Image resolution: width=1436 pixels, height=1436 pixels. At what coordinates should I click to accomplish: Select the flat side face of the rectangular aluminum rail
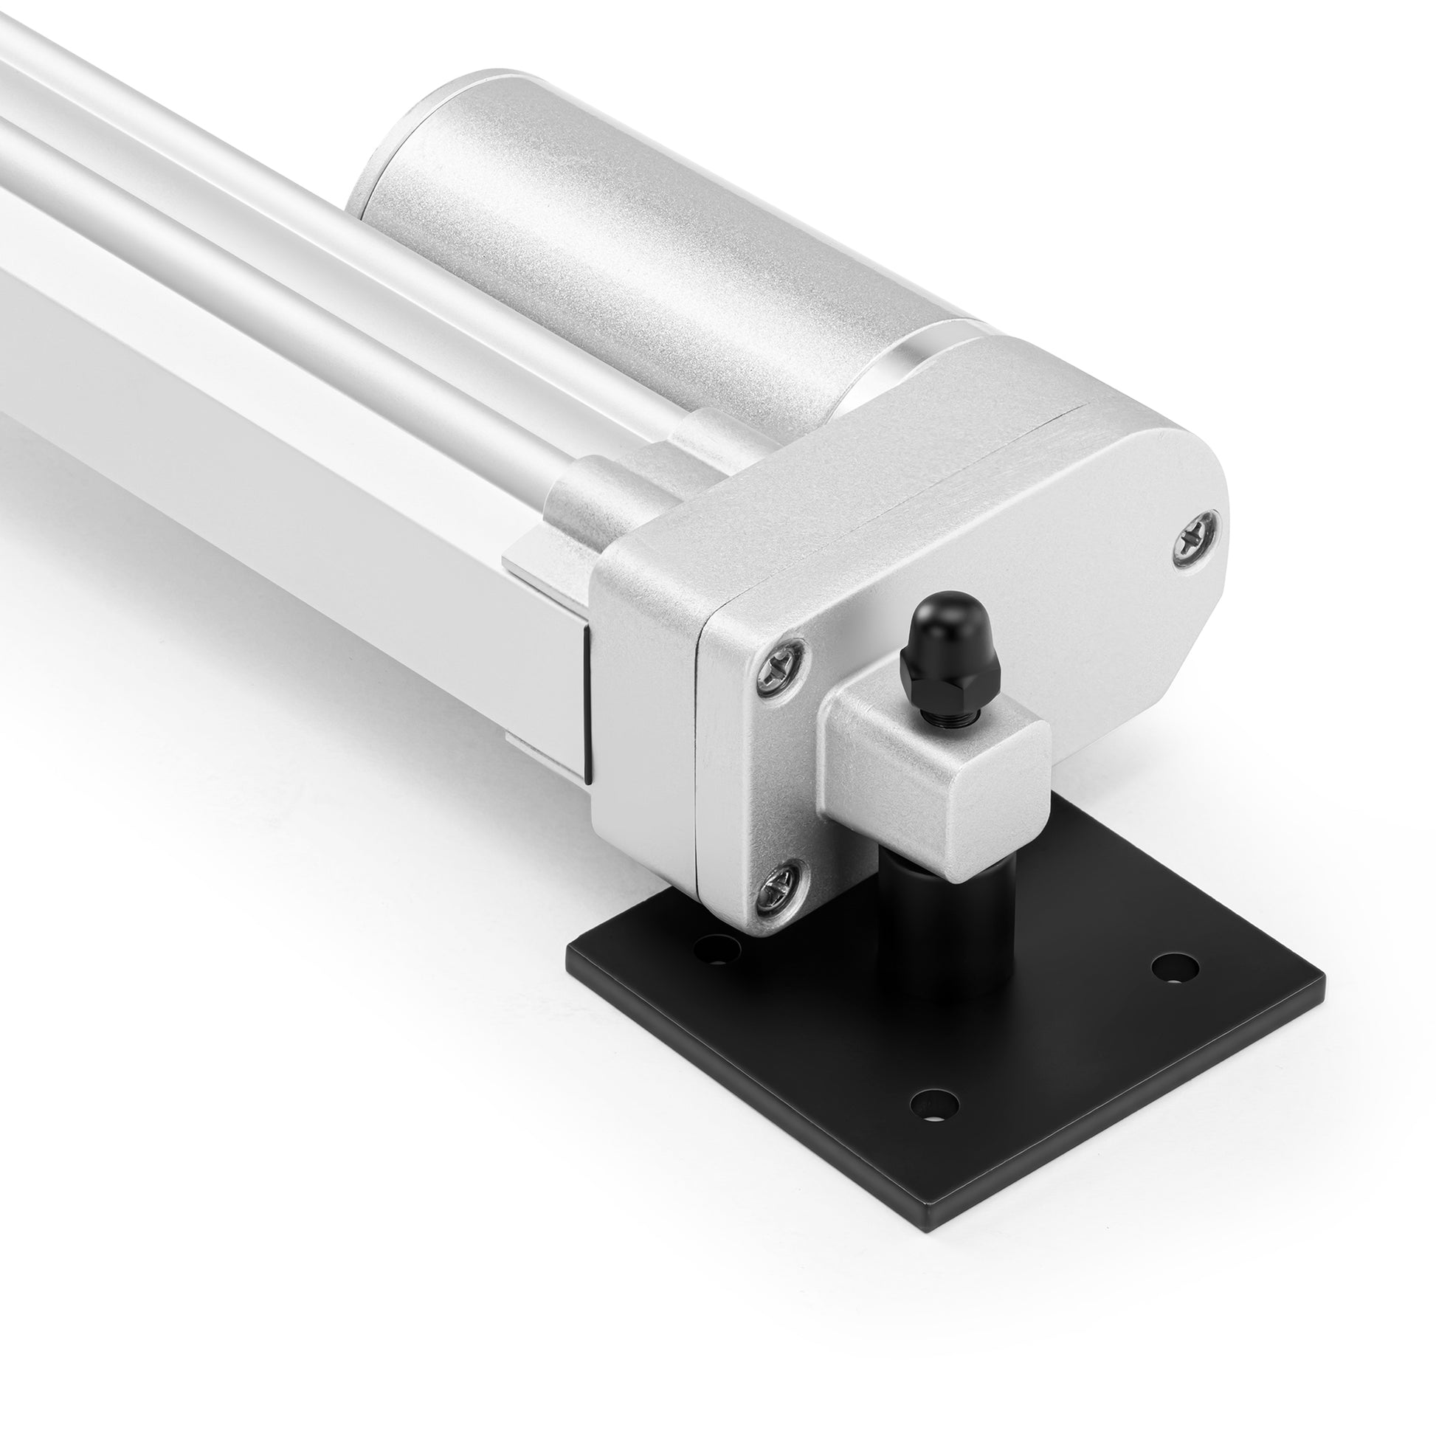pyautogui.click(x=297, y=535)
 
